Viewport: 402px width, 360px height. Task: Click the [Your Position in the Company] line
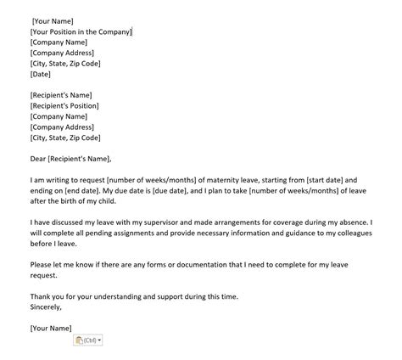pyautogui.click(x=81, y=31)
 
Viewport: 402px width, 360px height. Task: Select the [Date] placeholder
pyautogui.click(x=40, y=74)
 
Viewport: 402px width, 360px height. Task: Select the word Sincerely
pyautogui.click(x=47, y=307)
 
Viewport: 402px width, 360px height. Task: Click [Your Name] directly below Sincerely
pyautogui.click(x=50, y=327)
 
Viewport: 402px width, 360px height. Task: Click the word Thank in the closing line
pyautogui.click(x=40, y=295)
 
